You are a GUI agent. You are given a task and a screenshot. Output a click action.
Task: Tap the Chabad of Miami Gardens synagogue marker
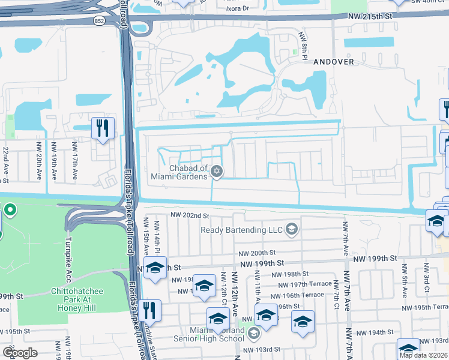[217, 173]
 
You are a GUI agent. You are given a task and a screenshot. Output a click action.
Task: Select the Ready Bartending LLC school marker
[292, 229]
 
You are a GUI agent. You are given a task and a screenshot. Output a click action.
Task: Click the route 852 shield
[99, 21]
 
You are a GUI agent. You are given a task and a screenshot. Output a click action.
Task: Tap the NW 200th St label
[256, 254]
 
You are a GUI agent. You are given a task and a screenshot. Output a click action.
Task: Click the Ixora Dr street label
[238, 8]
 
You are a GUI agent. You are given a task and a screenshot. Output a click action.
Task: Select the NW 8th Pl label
[304, 48]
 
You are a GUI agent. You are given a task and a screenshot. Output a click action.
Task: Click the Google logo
[20, 353]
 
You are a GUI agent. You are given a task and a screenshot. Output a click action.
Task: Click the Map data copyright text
[423, 355]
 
